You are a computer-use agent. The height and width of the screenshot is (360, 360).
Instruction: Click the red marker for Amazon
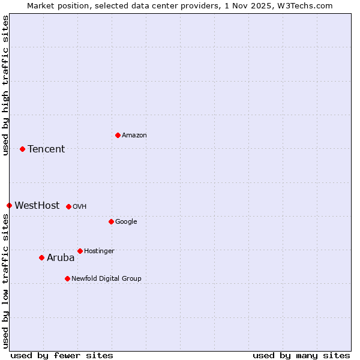tap(118, 135)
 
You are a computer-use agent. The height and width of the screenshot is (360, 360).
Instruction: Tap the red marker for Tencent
tap(22, 149)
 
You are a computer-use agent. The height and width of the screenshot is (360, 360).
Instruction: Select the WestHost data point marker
tap(9, 205)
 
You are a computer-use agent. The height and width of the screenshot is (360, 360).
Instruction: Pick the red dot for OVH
tap(68, 206)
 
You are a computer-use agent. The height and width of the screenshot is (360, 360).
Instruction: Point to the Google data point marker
tap(111, 221)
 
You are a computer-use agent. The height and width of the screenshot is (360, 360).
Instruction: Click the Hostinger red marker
tap(80, 251)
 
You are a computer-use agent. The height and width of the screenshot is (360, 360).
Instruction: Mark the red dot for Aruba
tap(41, 257)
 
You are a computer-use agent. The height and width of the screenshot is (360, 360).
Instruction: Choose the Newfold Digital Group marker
tap(67, 278)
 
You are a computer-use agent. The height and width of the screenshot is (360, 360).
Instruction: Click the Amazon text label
tap(134, 135)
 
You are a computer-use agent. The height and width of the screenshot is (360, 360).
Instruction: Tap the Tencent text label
tap(46, 149)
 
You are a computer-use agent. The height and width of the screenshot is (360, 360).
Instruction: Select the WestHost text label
tap(37, 205)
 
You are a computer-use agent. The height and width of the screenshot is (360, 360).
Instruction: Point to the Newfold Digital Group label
tap(106, 278)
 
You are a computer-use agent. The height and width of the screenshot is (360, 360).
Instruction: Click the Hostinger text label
tap(99, 251)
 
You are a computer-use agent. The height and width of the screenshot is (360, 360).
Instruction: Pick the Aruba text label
tap(61, 257)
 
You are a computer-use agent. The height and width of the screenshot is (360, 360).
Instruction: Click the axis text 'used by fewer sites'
tap(62, 355)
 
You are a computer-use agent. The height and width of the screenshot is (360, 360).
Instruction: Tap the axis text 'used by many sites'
tap(301, 355)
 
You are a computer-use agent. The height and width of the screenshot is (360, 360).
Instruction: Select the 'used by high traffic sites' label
tap(5, 85)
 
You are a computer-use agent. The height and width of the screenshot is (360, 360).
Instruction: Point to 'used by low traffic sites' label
tap(5, 280)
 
